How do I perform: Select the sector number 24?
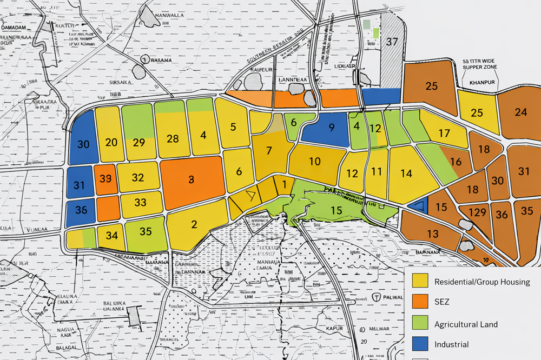tap(521, 112)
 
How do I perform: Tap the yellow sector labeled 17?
tap(444, 133)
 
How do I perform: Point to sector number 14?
tap(407, 174)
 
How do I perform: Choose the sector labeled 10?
tap(314, 161)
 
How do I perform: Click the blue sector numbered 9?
tap(332, 128)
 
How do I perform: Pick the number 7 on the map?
tap(268, 151)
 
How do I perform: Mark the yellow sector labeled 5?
tap(233, 128)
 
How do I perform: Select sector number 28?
tap(173, 138)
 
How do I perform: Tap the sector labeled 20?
tap(111, 142)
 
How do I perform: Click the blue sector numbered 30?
tap(83, 144)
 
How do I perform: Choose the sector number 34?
tap(112, 236)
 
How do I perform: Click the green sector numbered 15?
tap(337, 210)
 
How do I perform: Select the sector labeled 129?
tap(478, 212)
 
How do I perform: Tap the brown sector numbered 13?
tap(432, 234)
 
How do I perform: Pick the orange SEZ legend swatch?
tap(420, 303)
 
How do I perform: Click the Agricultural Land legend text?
tap(466, 324)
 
